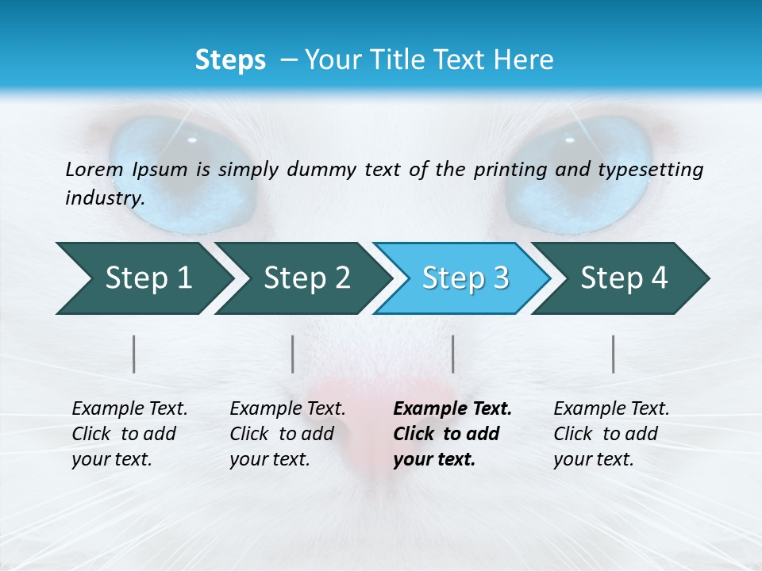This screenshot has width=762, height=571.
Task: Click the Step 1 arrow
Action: (143, 278)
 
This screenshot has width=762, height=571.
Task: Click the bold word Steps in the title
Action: (230, 60)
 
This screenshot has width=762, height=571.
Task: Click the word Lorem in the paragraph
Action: (94, 169)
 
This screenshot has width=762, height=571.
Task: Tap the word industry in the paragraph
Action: (104, 197)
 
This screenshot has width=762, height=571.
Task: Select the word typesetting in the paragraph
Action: (655, 169)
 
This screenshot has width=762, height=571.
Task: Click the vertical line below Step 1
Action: (134, 354)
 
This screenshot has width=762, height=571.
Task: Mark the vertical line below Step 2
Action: (293, 354)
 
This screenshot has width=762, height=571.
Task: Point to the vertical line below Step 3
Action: (453, 354)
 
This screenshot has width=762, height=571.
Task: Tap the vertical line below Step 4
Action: (614, 354)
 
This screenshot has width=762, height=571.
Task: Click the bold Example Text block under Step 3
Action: (452, 434)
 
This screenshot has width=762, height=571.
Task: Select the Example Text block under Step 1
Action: (129, 434)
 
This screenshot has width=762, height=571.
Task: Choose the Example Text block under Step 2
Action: (287, 434)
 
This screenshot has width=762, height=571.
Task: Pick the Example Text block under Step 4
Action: (611, 434)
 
